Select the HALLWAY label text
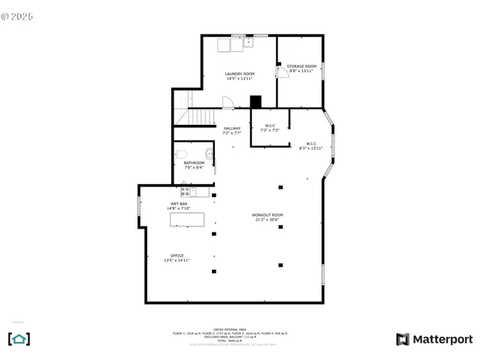231,129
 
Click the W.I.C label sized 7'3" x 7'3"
268,127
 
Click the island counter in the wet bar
187,220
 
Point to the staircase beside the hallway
198,117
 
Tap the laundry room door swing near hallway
227,104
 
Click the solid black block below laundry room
256,102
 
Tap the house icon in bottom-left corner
19,338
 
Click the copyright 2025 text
18,14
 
